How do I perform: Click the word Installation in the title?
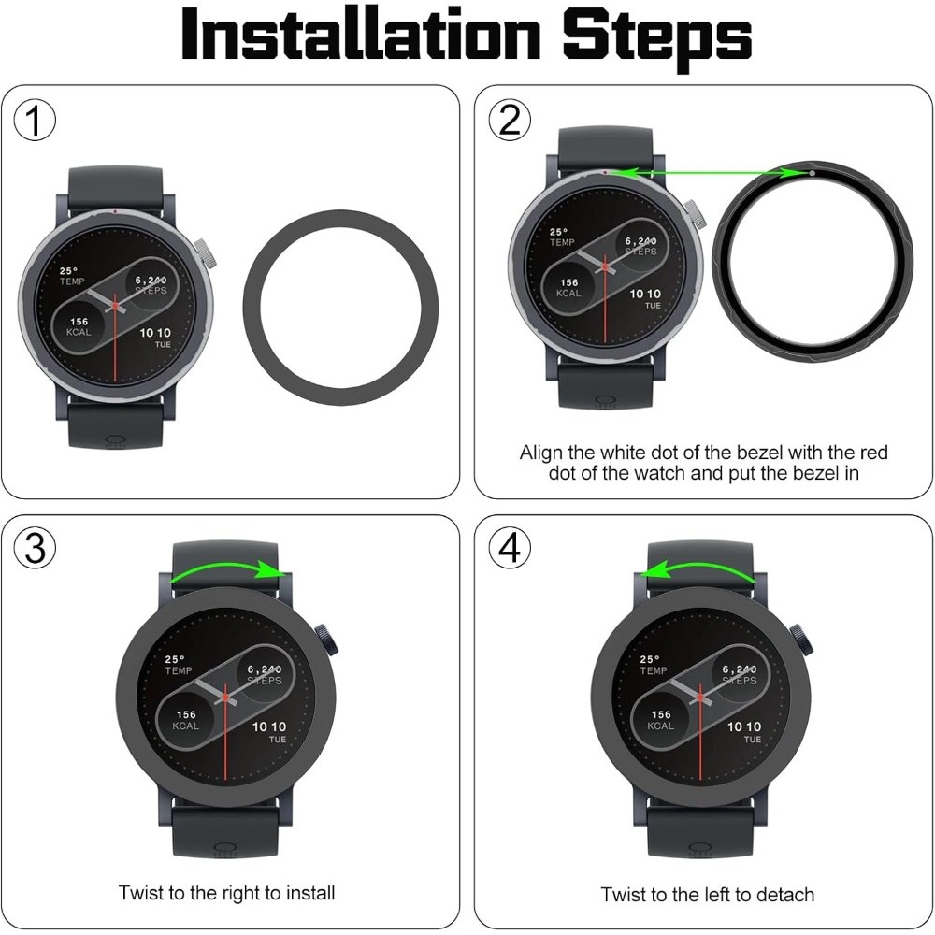[x=361, y=35]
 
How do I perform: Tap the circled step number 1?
[x=35, y=120]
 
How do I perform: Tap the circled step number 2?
[x=510, y=120]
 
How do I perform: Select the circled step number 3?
[x=35, y=547]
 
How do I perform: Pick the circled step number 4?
[x=510, y=547]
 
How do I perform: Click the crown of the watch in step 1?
[x=206, y=253]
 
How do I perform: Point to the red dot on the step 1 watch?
[x=114, y=210]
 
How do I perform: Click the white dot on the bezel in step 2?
[x=813, y=174]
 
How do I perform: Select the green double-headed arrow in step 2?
[x=709, y=173]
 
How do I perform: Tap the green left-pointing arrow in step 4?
[x=697, y=567]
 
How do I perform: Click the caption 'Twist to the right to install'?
[x=226, y=893]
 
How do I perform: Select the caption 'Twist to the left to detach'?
[x=707, y=895]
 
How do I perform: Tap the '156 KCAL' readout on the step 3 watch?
[x=185, y=720]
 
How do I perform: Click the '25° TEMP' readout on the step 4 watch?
[x=653, y=665]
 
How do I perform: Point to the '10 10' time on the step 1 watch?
[x=155, y=333]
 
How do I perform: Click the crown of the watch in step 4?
[x=802, y=640]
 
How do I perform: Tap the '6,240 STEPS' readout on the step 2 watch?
[x=641, y=246]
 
